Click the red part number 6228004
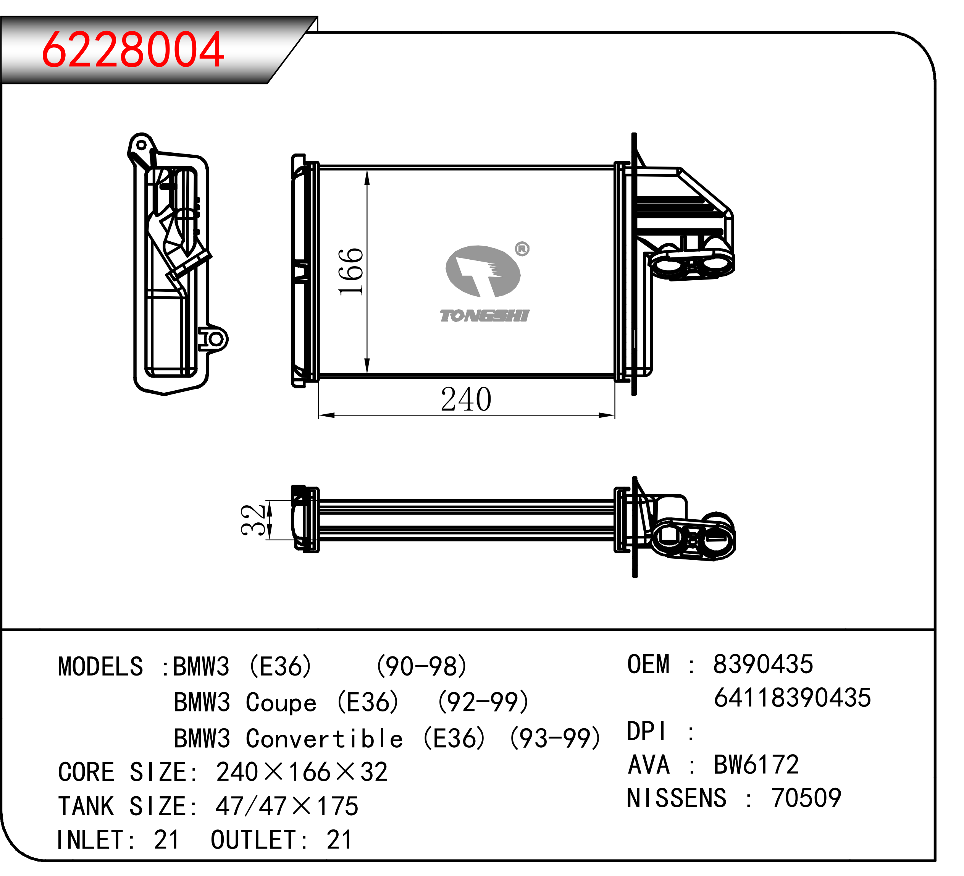[132, 49]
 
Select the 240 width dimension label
[466, 399]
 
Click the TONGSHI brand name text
[484, 315]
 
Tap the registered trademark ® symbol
[522, 249]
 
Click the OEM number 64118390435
[792, 698]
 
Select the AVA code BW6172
[756, 764]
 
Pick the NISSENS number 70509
[806, 798]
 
